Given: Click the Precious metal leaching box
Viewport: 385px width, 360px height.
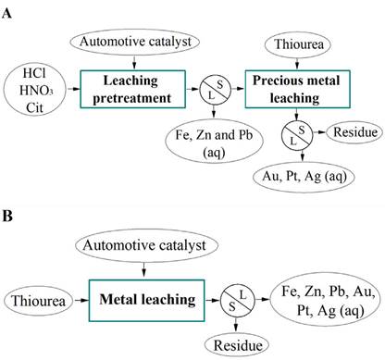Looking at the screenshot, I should (301, 91).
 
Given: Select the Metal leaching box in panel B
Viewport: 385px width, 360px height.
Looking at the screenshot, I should (142, 300).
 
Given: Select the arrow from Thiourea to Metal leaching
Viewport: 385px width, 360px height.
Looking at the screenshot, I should (83, 300).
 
